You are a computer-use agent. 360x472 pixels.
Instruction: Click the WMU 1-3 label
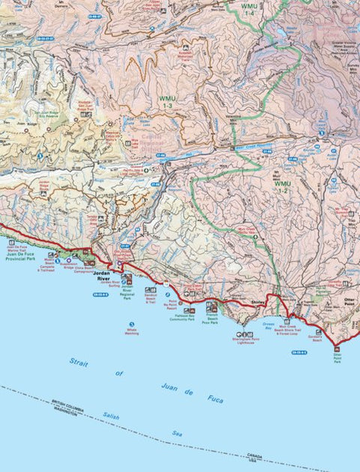click(x=165, y=103)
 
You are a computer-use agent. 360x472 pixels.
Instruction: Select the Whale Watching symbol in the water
click(x=131, y=324)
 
